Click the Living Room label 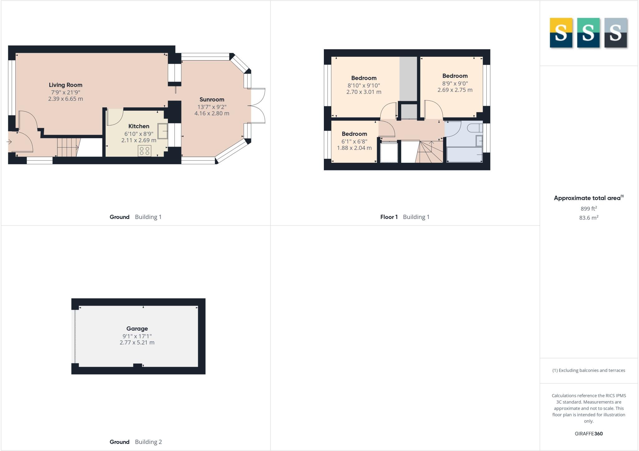coord(66,85)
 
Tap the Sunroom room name coord(212,99)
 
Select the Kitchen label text coord(139,126)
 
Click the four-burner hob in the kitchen coord(145,151)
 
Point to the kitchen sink coord(163,131)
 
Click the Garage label coord(137,329)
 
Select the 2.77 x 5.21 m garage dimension coord(137,342)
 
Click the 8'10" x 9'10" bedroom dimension coord(364,85)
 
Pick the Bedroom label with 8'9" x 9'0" coord(455,76)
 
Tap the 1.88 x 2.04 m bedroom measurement coord(354,148)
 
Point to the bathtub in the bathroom coord(465,155)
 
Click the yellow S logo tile coord(561,33)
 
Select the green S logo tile coord(588,33)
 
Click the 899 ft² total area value coord(589,208)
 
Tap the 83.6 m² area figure coord(589,218)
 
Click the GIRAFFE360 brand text coord(589,434)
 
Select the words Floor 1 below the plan coord(389,217)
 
